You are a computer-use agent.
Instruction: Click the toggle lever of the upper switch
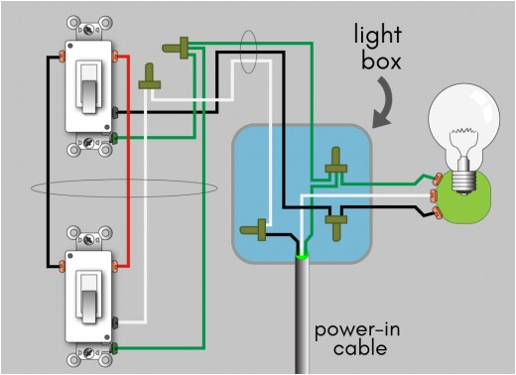[x=88, y=91]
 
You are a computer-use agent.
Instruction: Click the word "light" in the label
[x=379, y=37]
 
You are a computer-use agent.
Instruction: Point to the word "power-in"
[x=355, y=329]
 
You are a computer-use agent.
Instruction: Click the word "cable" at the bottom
[x=359, y=349]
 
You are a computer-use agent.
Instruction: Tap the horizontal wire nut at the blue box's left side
[x=257, y=230]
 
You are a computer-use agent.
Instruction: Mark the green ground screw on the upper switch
[x=117, y=136]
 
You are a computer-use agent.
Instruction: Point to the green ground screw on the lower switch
[x=117, y=347]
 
